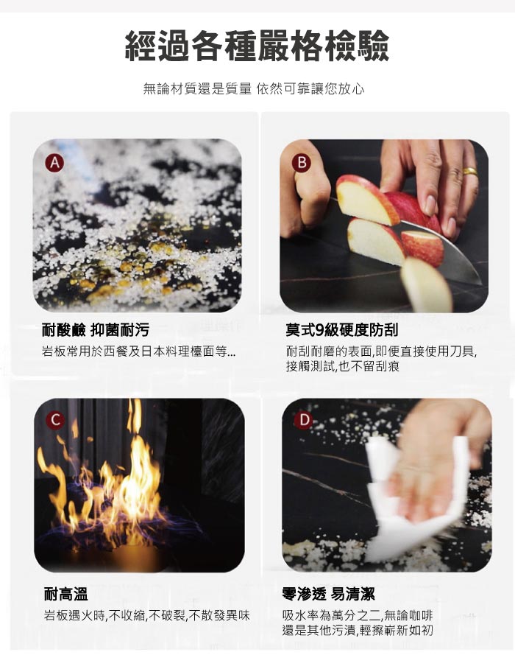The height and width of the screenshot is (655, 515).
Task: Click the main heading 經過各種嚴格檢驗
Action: (x=257, y=46)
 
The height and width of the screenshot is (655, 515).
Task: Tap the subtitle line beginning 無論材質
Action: (x=254, y=88)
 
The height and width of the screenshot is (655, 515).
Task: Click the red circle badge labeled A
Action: (x=54, y=163)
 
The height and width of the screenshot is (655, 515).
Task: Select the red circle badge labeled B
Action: (x=302, y=163)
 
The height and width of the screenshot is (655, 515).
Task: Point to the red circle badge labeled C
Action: (x=55, y=421)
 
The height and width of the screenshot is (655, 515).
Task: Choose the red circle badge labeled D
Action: (x=303, y=420)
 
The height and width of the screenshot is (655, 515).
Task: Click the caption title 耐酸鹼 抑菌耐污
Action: (x=95, y=330)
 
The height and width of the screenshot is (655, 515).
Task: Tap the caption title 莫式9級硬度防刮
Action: (x=342, y=330)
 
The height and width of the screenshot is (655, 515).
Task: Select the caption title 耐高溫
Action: (x=66, y=594)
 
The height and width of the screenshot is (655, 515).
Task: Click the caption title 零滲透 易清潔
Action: (x=329, y=594)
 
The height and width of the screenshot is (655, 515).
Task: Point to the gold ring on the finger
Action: (x=470, y=172)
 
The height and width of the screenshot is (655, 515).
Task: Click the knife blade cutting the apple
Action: (x=442, y=251)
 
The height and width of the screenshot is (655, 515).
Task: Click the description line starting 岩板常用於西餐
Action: (x=138, y=351)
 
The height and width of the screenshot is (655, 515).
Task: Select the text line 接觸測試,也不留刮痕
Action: (x=343, y=366)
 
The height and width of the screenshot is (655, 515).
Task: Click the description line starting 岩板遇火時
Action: (x=147, y=615)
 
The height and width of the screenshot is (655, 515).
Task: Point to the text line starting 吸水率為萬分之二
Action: (x=358, y=615)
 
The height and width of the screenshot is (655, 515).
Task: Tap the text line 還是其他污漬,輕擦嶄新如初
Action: (x=358, y=631)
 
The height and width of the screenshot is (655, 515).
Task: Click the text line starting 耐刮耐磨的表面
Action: (x=382, y=351)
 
